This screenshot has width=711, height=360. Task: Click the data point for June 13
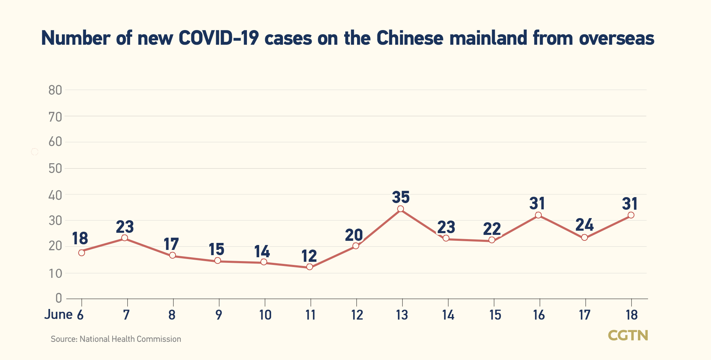pyautogui.click(x=400, y=209)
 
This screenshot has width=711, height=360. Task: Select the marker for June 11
pyautogui.click(x=310, y=267)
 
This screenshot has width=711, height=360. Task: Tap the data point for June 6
pyautogui.click(x=81, y=252)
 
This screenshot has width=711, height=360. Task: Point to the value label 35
pyautogui.click(x=401, y=197)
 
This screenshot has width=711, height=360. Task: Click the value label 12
pyautogui.click(x=309, y=256)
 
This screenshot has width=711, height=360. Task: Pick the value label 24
pyautogui.click(x=584, y=225)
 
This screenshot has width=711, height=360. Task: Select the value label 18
pyautogui.click(x=80, y=238)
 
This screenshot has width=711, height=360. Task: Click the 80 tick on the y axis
pyautogui.click(x=55, y=90)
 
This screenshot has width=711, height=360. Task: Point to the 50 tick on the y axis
pyautogui.click(x=55, y=168)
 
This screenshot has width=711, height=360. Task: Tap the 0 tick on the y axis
pyautogui.click(x=58, y=298)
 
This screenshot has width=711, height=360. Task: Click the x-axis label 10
pyautogui.click(x=265, y=315)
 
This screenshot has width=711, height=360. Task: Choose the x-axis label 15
pyautogui.click(x=495, y=315)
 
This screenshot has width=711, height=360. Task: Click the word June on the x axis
pyautogui.click(x=58, y=315)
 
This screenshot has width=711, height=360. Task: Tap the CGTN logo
pyautogui.click(x=628, y=335)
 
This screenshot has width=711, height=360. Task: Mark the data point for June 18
pyautogui.click(x=631, y=215)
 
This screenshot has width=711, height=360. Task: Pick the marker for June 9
pyautogui.click(x=218, y=260)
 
